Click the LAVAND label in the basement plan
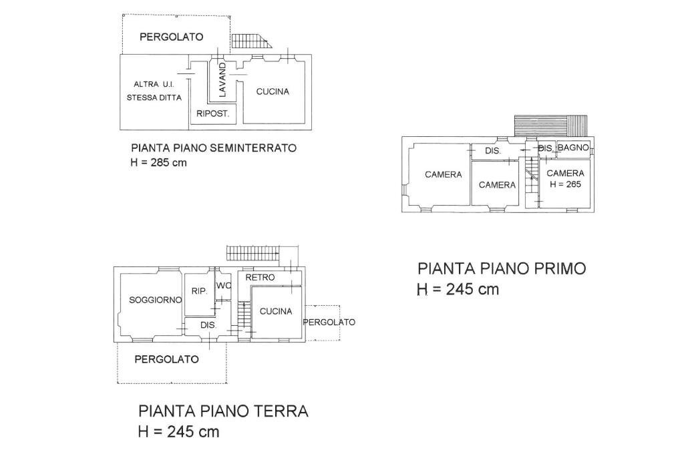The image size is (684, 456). click(x=222, y=79)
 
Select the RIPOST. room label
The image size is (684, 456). click(x=213, y=114)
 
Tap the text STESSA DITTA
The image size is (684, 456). click(x=154, y=97)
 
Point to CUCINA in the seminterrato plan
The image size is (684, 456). click(x=273, y=91)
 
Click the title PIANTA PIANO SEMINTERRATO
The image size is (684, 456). click(x=214, y=148)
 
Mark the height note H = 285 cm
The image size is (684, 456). click(x=159, y=163)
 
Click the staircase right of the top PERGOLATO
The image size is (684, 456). click(x=252, y=41)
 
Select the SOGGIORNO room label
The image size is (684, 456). click(x=155, y=300)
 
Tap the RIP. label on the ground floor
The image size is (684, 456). click(x=199, y=291)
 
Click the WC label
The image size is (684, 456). click(x=224, y=286)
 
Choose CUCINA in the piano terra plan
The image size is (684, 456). click(x=276, y=311)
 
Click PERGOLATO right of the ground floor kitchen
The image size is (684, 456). click(x=329, y=322)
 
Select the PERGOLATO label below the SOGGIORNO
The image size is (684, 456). click(x=166, y=359)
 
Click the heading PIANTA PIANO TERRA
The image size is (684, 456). click(x=223, y=411)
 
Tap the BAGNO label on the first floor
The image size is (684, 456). click(x=573, y=148)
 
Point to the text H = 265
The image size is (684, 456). click(x=565, y=184)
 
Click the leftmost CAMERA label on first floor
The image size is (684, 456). click(x=443, y=175)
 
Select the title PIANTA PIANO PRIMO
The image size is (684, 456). click(x=502, y=268)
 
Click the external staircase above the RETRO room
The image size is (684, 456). click(x=252, y=253)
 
